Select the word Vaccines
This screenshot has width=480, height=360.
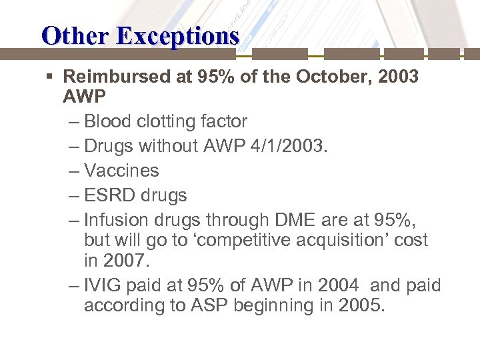[121, 171]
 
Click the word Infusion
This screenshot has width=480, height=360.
[118, 220]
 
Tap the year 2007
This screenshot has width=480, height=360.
[128, 260]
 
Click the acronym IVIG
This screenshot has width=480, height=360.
[103, 285]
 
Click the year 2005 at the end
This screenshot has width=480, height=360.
[361, 305]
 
